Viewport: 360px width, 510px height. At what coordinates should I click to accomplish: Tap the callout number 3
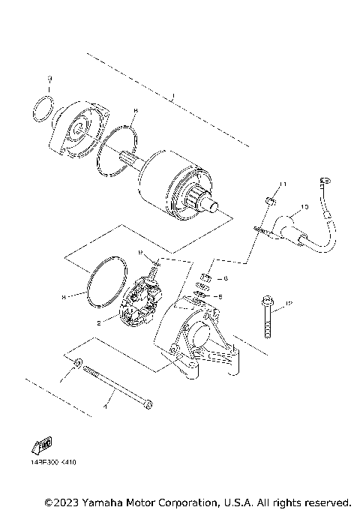point(49,78)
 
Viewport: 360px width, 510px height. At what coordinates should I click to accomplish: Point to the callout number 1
point(172,96)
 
